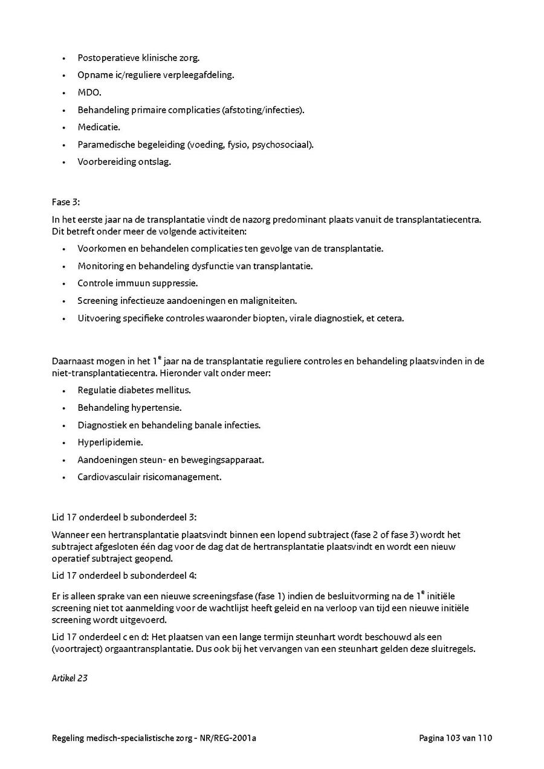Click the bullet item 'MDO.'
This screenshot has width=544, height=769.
coord(89,92)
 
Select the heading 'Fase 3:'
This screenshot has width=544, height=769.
coord(66,202)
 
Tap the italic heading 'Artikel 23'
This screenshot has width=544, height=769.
coord(70,678)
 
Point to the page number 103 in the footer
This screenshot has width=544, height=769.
coord(452,738)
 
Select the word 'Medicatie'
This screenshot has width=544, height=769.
coord(98,127)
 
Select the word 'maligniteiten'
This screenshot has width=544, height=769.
coord(268,301)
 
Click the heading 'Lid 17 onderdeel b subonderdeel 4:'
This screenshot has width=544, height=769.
coord(124,575)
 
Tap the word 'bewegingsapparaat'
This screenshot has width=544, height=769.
coord(226,460)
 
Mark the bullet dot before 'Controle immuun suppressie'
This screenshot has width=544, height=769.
coord(64,283)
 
